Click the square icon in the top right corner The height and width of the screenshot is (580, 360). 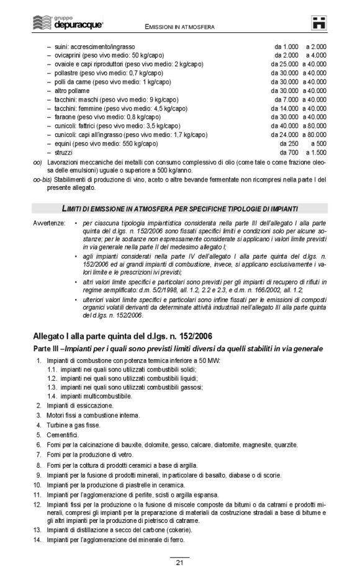320,22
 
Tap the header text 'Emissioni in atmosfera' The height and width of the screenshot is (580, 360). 179,27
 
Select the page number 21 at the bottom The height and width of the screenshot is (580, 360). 179,563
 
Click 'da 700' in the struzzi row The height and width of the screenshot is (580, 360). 289,152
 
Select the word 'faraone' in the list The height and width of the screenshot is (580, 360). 65,117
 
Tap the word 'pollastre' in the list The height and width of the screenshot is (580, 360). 67,73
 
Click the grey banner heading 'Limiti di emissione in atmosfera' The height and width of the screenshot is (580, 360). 179,207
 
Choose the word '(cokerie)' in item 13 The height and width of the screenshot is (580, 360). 176,530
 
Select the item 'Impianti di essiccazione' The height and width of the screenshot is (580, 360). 79,405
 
